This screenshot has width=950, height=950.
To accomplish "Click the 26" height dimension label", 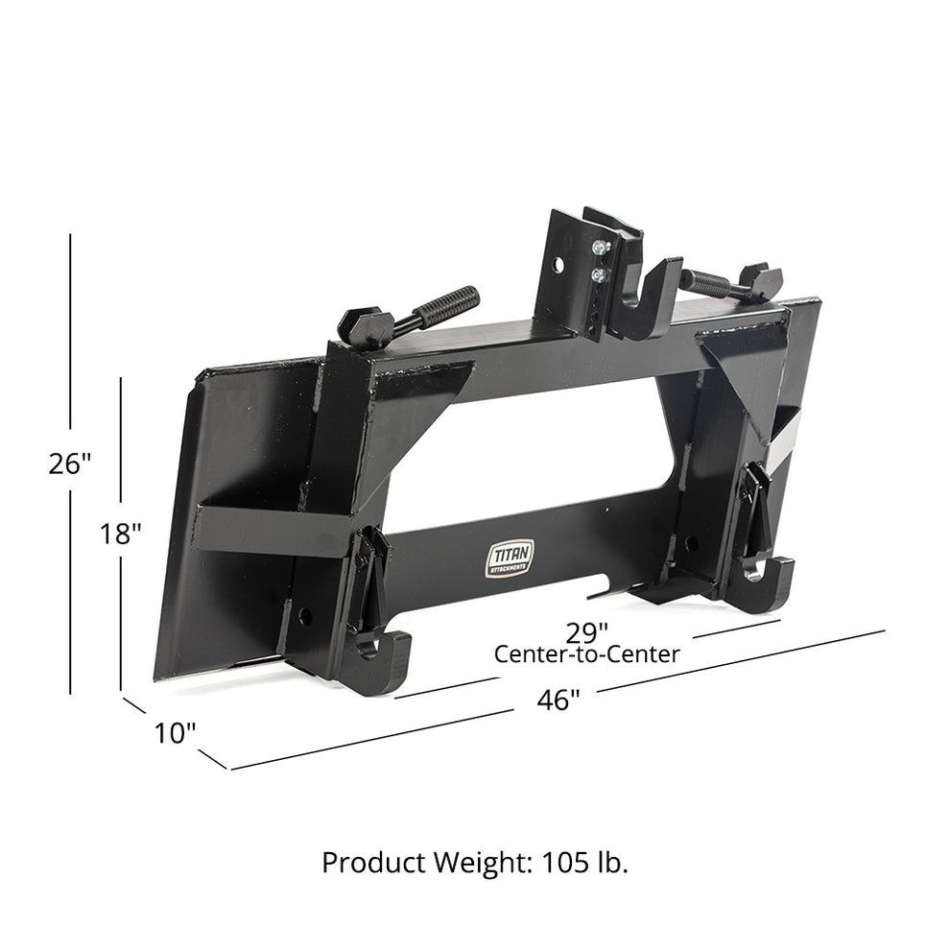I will click(70, 463).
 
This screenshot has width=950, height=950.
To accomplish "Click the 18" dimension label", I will click(121, 534).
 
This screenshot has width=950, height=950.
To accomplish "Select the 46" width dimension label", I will click(558, 700).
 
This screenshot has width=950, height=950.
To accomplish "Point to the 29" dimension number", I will click(587, 632).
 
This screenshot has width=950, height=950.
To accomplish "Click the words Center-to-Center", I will click(586, 654).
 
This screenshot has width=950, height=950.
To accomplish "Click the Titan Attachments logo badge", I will click(506, 559).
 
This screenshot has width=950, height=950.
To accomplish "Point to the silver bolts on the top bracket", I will click(601, 261).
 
